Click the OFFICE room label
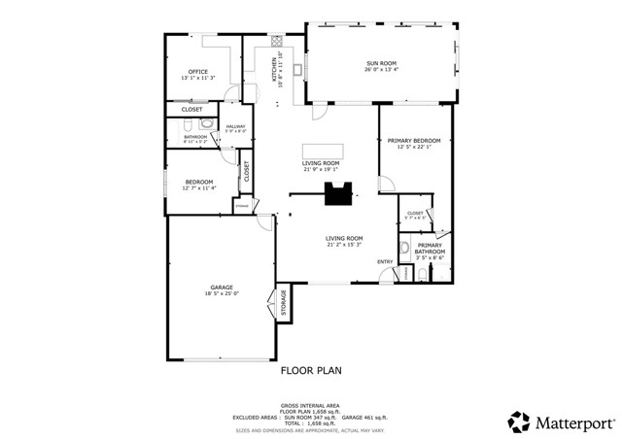[x=198, y=72]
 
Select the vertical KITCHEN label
[x=273, y=70]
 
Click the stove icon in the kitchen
[x=276, y=42]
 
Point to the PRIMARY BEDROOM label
[x=414, y=141]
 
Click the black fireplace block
[x=338, y=194]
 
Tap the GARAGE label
[x=221, y=287]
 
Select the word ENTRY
[x=385, y=261]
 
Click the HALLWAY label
[x=236, y=125]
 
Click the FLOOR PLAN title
[x=311, y=370]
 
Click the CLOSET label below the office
[x=191, y=109]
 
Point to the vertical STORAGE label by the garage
[x=284, y=303]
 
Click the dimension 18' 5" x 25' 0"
[x=222, y=294]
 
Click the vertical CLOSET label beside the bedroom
[x=247, y=172]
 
